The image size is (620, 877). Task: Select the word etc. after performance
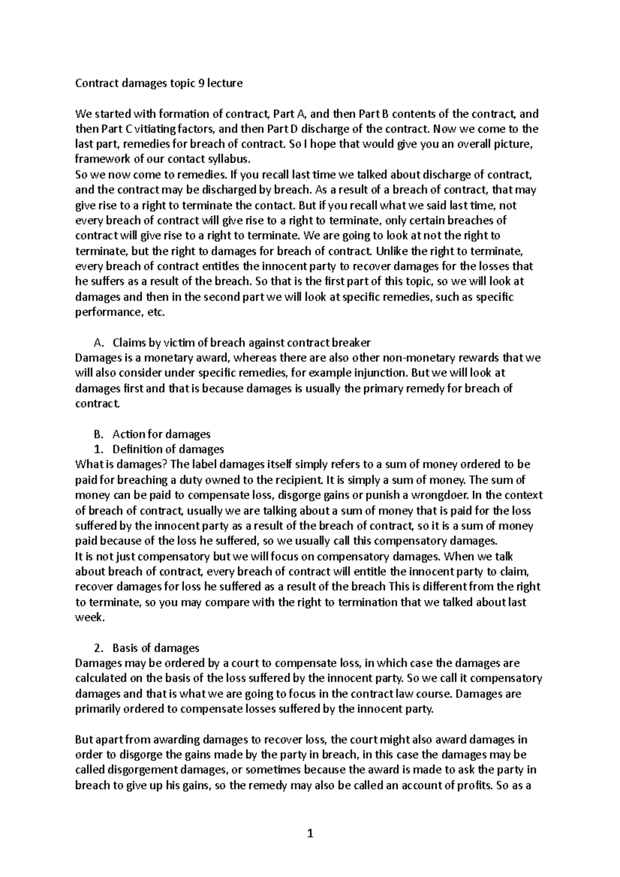[x=156, y=312]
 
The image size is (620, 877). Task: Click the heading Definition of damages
[x=168, y=449]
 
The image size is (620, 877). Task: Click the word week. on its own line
[x=89, y=617]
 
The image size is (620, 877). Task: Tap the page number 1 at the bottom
[x=310, y=833]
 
